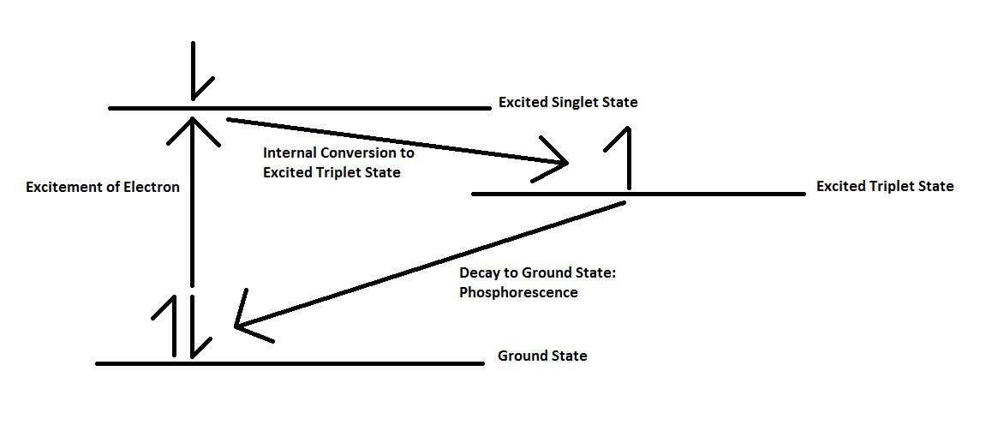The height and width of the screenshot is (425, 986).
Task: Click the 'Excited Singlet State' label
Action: point(568,103)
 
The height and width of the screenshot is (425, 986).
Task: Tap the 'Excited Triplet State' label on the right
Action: point(884,187)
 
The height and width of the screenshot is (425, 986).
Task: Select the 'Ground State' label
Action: point(542,356)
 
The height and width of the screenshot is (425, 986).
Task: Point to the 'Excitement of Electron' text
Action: point(103,187)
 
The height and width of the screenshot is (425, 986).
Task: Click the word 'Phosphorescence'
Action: point(518,293)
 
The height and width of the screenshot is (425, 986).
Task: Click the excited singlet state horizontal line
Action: point(343,108)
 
